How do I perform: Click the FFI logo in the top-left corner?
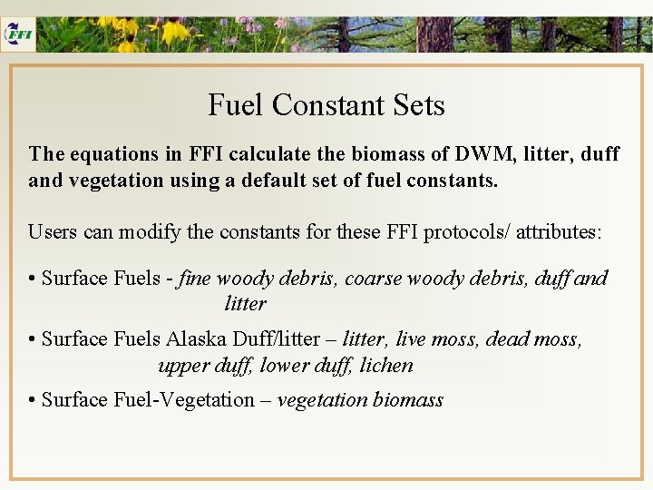pyautogui.click(x=18, y=33)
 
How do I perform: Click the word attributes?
pyautogui.click(x=560, y=231)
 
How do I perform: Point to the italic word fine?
pyautogui.click(x=194, y=279)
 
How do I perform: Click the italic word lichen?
pyautogui.click(x=386, y=366)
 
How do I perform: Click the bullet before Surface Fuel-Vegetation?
pyautogui.click(x=33, y=400)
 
